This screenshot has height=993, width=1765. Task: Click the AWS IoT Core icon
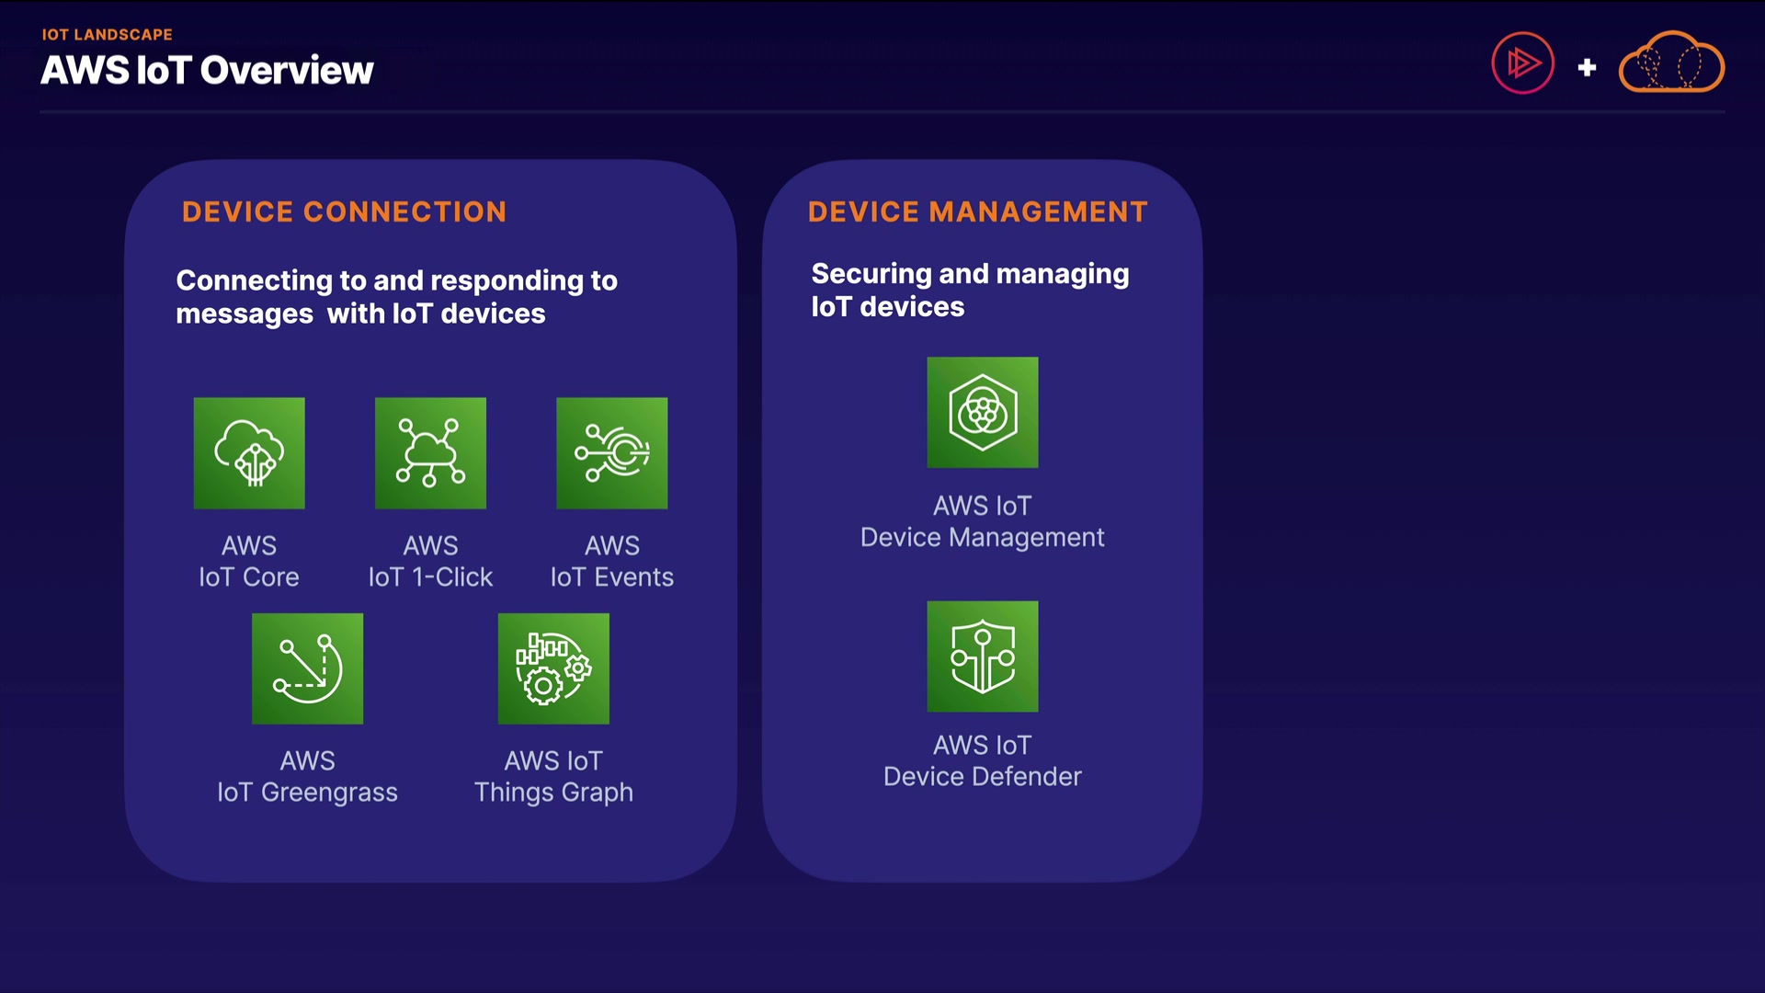click(249, 453)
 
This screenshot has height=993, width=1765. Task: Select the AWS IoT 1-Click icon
click(430, 453)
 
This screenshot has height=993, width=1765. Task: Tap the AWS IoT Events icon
click(612, 453)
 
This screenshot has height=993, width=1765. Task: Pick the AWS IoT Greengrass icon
click(308, 668)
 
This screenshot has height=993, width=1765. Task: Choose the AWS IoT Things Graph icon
click(553, 668)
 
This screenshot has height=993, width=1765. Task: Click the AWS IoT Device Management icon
click(983, 413)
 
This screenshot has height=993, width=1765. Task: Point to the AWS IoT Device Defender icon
click(983, 656)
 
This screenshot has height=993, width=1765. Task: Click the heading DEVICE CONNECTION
click(344, 212)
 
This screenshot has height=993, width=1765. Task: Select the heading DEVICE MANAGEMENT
click(978, 212)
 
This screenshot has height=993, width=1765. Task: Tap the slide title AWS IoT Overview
click(207, 71)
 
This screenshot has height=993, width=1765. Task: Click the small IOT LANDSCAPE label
click(107, 35)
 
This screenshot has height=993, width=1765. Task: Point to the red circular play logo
click(1522, 63)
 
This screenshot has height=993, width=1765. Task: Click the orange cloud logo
click(1671, 63)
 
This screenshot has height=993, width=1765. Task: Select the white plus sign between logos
click(1587, 67)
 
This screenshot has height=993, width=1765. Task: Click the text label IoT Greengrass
click(308, 793)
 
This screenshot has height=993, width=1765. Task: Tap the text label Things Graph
click(553, 793)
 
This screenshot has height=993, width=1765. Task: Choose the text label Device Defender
click(983, 777)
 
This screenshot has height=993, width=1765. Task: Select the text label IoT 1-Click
click(430, 577)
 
